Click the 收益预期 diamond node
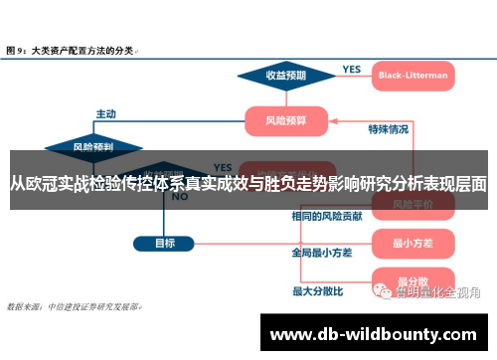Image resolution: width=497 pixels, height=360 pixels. [x=284, y=75]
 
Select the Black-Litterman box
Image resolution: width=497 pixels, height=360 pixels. [x=414, y=75]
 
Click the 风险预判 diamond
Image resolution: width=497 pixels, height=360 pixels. [x=93, y=147]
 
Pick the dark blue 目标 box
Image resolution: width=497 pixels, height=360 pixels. [x=164, y=242]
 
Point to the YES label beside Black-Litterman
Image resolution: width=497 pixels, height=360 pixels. [x=352, y=69]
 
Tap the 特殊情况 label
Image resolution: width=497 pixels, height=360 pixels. [x=388, y=128]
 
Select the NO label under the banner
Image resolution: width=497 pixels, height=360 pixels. [x=180, y=197]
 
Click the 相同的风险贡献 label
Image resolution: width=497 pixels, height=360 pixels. [x=327, y=216]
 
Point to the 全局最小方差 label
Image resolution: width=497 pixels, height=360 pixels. [x=322, y=253]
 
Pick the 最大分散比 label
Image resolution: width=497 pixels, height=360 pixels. [x=317, y=291]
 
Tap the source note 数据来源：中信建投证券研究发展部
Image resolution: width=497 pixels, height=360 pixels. [x=74, y=305]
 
